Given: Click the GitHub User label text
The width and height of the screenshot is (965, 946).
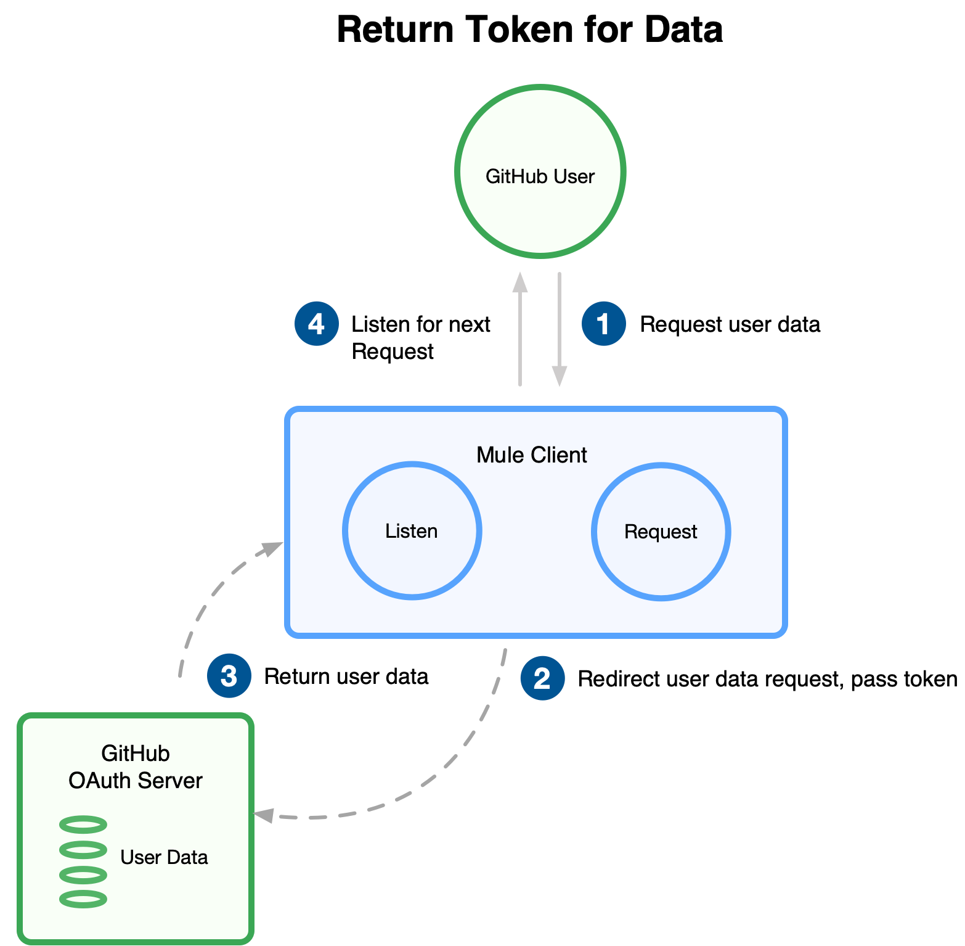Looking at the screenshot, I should tap(540, 176).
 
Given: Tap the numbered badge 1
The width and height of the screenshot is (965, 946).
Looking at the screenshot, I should tap(603, 324).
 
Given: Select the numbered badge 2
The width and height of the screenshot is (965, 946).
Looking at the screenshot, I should tap(542, 678).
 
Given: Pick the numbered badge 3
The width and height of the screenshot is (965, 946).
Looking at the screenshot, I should tap(229, 676).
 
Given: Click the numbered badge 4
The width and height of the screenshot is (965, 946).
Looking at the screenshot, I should tap(316, 324).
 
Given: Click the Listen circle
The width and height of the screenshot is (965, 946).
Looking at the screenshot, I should tap(412, 531).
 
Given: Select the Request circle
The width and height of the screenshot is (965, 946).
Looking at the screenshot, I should tap(661, 532).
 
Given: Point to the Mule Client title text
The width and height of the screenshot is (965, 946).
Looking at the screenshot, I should tap(531, 455).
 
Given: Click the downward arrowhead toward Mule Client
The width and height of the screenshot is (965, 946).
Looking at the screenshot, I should tap(560, 376).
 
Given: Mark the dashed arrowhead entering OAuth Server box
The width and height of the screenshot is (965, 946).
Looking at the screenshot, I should tap(264, 815).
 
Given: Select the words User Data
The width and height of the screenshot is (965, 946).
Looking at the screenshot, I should tap(164, 857).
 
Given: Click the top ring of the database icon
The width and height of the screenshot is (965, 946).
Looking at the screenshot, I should tap(83, 825).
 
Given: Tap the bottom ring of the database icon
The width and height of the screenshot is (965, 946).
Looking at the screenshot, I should tap(83, 899).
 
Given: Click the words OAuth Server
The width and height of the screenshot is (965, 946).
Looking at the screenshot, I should tap(136, 781).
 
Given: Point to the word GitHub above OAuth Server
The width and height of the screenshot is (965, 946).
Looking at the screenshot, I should tap(136, 754).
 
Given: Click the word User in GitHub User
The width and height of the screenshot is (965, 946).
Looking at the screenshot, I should tap(574, 176).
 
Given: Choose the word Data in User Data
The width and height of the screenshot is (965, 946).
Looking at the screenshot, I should tap(187, 857).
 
